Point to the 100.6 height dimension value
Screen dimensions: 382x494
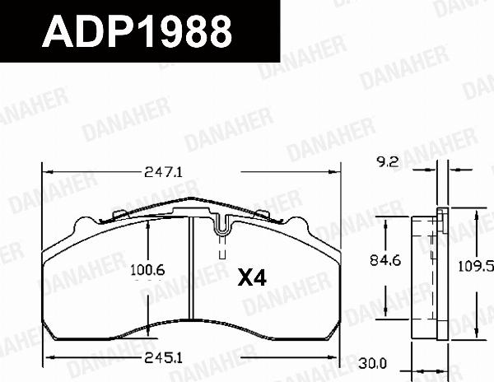149,269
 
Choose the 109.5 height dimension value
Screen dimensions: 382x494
477,266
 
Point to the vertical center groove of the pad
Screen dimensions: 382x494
191,272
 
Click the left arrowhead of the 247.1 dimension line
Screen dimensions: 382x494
46,173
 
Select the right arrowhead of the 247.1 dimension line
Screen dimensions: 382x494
338,173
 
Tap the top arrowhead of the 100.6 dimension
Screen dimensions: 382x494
148,228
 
